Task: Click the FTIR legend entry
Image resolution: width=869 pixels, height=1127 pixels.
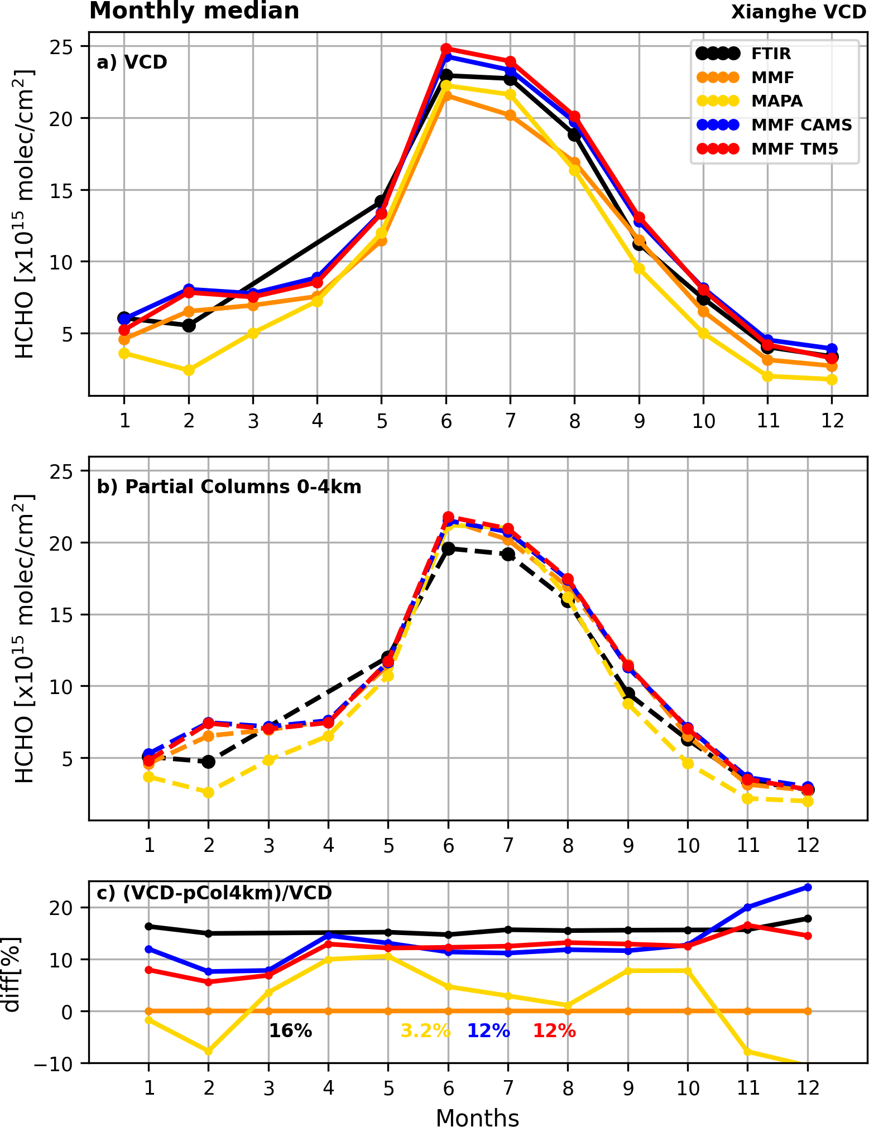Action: coord(771,54)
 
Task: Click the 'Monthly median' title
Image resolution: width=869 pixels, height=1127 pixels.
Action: coord(194,11)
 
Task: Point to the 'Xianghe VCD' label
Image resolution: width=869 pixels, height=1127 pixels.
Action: coord(798,12)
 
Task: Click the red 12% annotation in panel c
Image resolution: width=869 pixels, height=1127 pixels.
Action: coord(554,1031)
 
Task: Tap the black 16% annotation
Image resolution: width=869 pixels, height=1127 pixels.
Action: coord(290,1031)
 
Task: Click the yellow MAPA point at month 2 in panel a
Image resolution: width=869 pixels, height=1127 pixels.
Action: coord(189,370)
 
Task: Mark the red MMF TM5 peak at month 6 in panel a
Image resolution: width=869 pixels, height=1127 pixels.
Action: coord(446,49)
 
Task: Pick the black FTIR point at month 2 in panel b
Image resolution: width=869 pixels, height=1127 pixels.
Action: coord(208,762)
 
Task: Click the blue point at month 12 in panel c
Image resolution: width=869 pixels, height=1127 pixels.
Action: coord(807,887)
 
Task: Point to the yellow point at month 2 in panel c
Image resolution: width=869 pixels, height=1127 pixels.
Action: coord(208,1051)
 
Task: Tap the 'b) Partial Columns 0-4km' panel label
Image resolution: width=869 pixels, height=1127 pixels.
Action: coord(229,487)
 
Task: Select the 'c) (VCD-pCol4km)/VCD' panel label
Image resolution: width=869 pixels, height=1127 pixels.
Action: coord(214,893)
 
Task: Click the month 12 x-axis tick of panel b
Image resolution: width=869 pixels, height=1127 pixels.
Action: coord(807,846)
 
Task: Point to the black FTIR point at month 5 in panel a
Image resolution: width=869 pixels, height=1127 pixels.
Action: coord(381,201)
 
